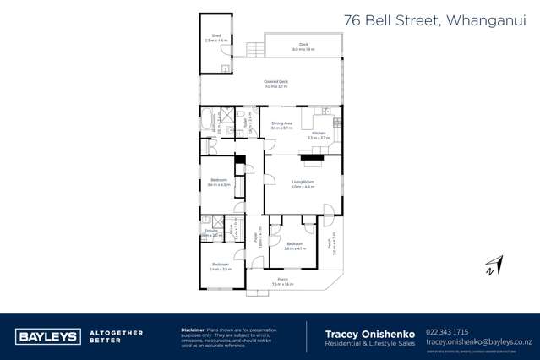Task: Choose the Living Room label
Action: pyautogui.click(x=303, y=184)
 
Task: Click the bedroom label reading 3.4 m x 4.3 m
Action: pyautogui.click(x=218, y=183)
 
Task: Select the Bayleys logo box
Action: pyautogui.click(x=48, y=335)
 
